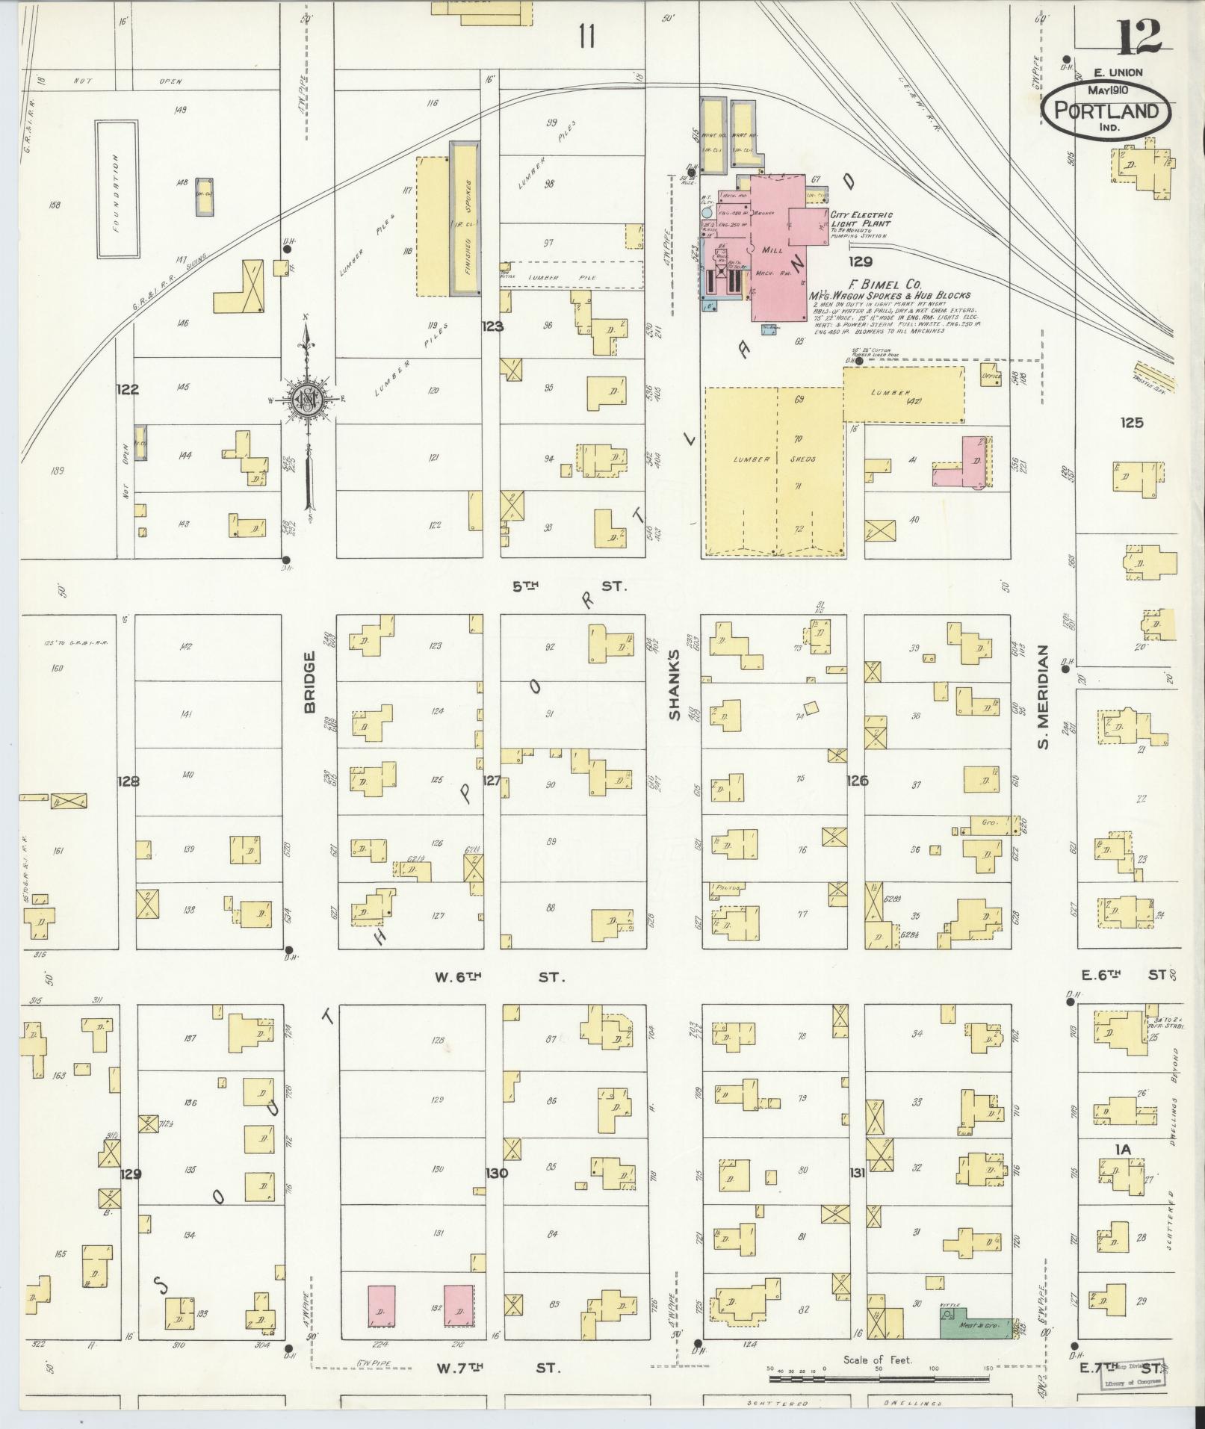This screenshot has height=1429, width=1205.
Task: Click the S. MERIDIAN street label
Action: (1044, 697)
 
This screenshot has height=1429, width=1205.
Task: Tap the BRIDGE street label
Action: (310, 682)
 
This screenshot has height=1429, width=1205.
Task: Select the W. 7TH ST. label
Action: (497, 1368)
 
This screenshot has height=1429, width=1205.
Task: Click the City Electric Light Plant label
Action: (861, 219)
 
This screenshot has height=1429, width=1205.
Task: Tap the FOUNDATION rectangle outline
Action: (116, 190)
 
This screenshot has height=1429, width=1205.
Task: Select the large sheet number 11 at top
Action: (587, 35)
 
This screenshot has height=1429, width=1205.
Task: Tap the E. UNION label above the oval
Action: (1118, 72)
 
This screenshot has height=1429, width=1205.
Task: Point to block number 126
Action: (857, 781)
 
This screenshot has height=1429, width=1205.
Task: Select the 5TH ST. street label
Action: (569, 586)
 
